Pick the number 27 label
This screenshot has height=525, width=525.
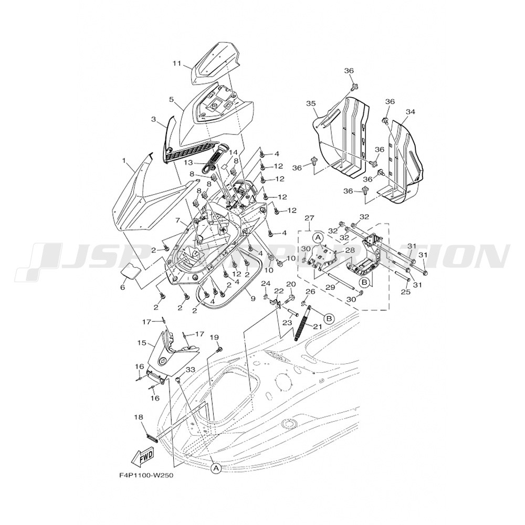[x=308, y=217]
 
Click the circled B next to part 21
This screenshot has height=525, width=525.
[x=329, y=318]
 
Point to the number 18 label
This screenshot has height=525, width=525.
[x=138, y=417]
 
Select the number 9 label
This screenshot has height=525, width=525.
[x=253, y=299]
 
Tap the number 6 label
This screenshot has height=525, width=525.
[x=123, y=288]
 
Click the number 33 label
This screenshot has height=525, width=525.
[x=191, y=370]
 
